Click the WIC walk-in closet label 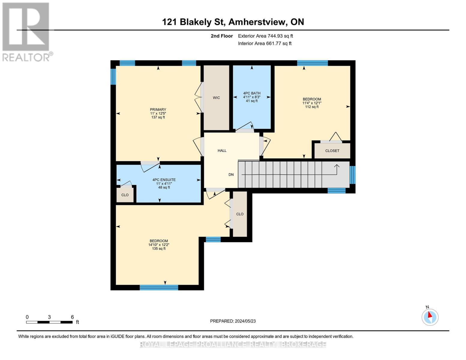click(x=216, y=98)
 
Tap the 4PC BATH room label click(x=251, y=93)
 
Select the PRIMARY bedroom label click(x=158, y=110)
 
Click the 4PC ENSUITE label click(x=164, y=180)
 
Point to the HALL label click(x=222, y=151)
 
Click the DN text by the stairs click(x=231, y=175)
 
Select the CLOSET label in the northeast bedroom click(x=332, y=151)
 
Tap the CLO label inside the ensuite click(x=125, y=195)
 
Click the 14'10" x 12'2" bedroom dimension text click(x=159, y=245)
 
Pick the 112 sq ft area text click(x=312, y=107)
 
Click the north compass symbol click(x=430, y=317)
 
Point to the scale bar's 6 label click(x=72, y=317)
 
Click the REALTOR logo click(x=26, y=31)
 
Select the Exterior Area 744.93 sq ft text click(x=265, y=36)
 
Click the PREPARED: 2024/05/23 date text click(x=233, y=321)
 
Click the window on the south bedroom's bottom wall click(x=159, y=288)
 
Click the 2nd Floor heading click(x=222, y=36)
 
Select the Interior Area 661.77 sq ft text click(x=265, y=43)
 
